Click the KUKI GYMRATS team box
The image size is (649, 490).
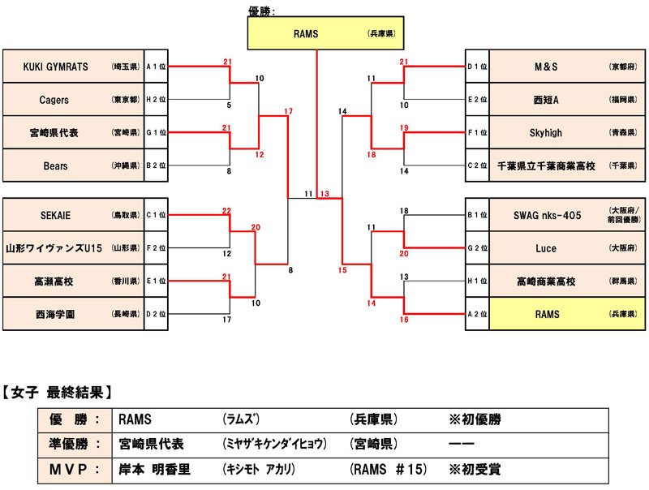tap(73, 67)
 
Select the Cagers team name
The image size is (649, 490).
tap(54, 100)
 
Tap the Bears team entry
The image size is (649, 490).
tap(54, 165)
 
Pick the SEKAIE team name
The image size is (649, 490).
tap(54, 216)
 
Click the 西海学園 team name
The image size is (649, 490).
tap(54, 314)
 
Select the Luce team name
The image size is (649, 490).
tap(547, 248)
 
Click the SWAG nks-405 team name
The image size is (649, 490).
tap(548, 216)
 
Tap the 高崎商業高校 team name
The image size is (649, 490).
tap(547, 282)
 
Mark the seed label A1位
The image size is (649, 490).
tap(156, 67)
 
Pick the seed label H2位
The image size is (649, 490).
tap(156, 100)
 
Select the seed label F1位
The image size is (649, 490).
tap(477, 132)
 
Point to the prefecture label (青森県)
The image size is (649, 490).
tap(621, 132)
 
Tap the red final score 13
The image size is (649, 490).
tap(324, 194)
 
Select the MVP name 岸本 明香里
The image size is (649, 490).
tap(154, 469)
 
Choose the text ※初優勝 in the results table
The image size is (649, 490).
tap(475, 420)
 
